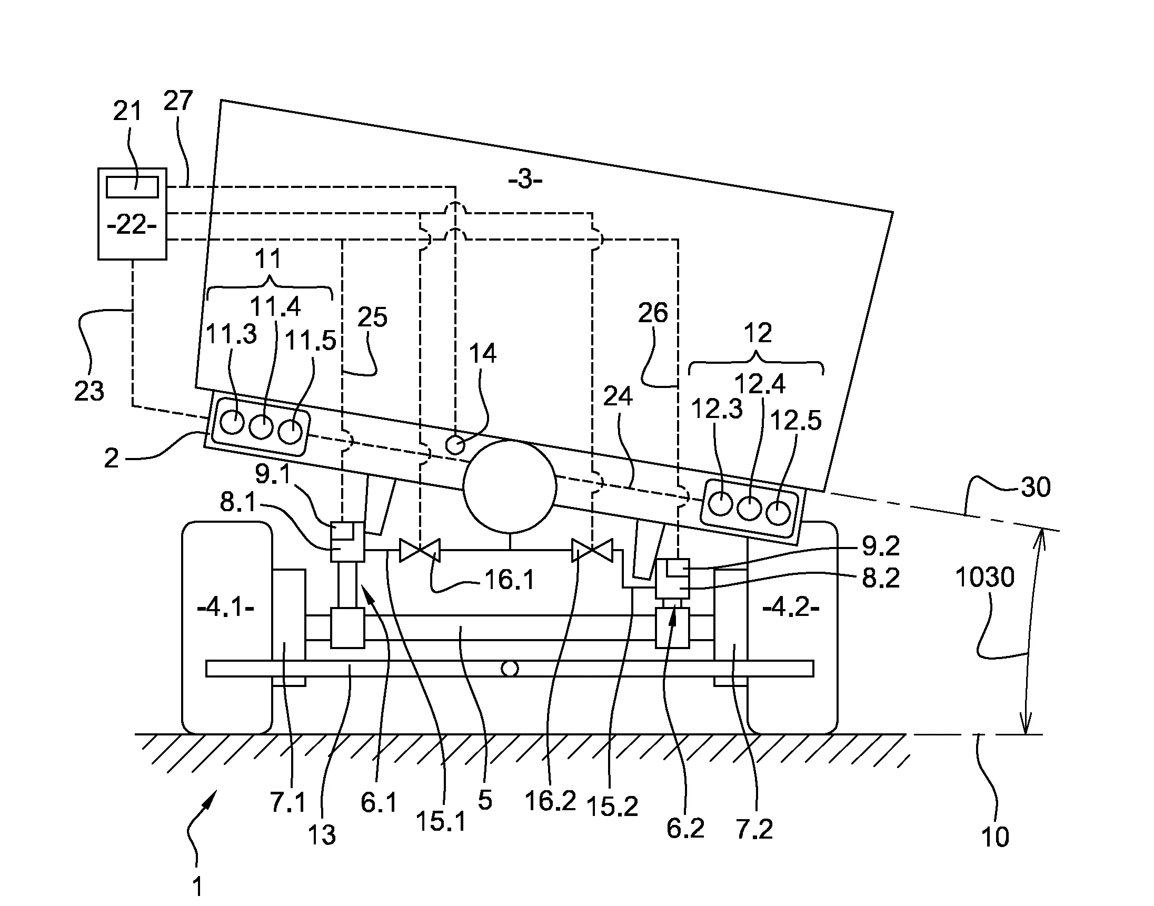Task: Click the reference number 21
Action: pyautogui.click(x=127, y=112)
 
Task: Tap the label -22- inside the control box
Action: pyautogui.click(x=132, y=225)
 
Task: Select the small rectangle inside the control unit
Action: pyautogui.click(x=132, y=187)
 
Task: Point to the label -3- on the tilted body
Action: pyautogui.click(x=525, y=180)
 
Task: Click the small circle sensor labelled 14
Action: pyautogui.click(x=455, y=445)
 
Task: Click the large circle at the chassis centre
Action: pyautogui.click(x=510, y=486)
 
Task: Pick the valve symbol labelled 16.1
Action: pyautogui.click(x=420, y=551)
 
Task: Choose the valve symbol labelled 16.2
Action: pyautogui.click(x=592, y=551)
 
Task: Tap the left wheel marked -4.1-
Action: pyautogui.click(x=227, y=628)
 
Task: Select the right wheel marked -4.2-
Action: pyautogui.click(x=792, y=628)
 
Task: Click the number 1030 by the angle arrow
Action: pyautogui.click(x=985, y=577)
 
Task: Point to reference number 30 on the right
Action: pyautogui.click(x=1035, y=487)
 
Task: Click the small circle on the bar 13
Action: pyautogui.click(x=510, y=669)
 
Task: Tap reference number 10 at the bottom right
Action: pyautogui.click(x=995, y=837)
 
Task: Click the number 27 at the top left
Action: pyautogui.click(x=178, y=101)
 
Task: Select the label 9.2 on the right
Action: pyautogui.click(x=881, y=546)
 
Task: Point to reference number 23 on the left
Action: pyautogui.click(x=89, y=392)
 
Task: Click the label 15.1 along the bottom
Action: pyautogui.click(x=441, y=822)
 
